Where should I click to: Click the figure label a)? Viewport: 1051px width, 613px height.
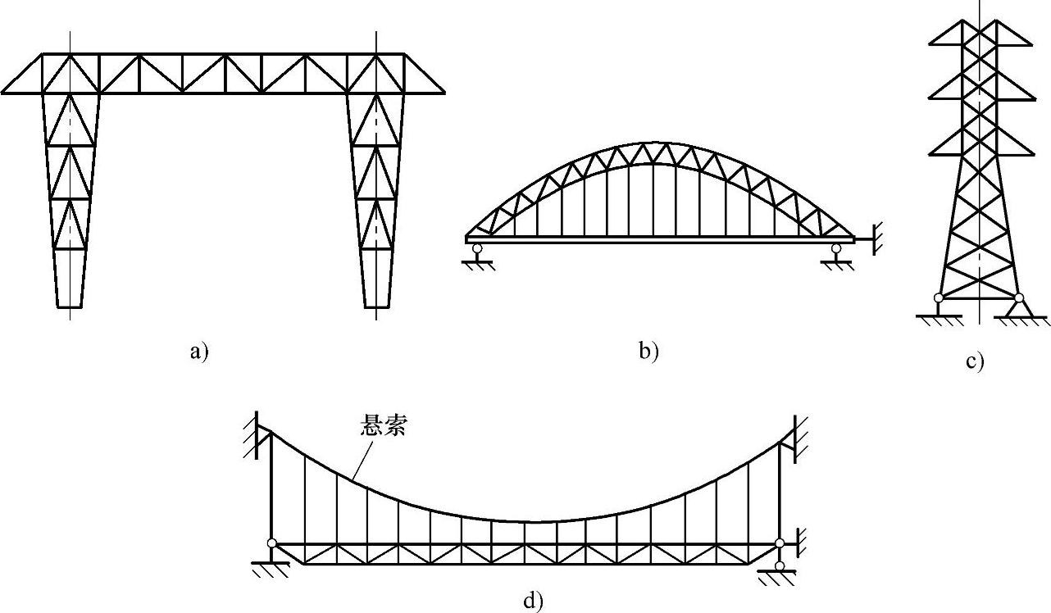pyautogui.click(x=199, y=352)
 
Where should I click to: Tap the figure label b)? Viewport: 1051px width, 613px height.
pyautogui.click(x=648, y=352)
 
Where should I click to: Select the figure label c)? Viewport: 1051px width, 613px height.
pyautogui.click(x=974, y=361)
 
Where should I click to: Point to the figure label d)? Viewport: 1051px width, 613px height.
pyautogui.click(x=533, y=602)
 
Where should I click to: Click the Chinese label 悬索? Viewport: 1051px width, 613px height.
pyautogui.click(x=383, y=426)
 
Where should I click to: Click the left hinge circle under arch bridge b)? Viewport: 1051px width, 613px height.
pyautogui.click(x=477, y=247)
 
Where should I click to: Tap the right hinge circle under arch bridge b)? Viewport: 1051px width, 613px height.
pyautogui.click(x=835, y=247)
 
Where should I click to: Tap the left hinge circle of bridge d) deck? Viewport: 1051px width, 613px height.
pyautogui.click(x=271, y=543)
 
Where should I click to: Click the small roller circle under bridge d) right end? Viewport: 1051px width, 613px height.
pyautogui.click(x=780, y=565)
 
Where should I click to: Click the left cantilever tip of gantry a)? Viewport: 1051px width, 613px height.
pyautogui.click(x=4, y=93)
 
